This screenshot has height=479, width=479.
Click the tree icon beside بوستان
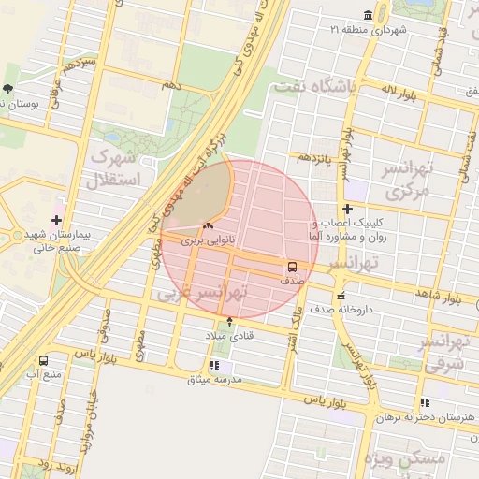coord(8,90)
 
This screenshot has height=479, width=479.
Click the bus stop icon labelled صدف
coord(293,266)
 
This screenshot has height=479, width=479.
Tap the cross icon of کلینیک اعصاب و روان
coord(348,210)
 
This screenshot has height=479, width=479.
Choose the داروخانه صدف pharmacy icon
coord(341,296)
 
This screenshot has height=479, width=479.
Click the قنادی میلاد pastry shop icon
coord(230,322)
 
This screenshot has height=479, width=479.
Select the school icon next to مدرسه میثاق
coord(214,366)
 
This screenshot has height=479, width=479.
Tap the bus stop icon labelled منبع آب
coord(43,360)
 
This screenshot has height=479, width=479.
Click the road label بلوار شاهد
coord(442,297)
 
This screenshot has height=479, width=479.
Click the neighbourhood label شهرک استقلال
coord(113,167)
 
